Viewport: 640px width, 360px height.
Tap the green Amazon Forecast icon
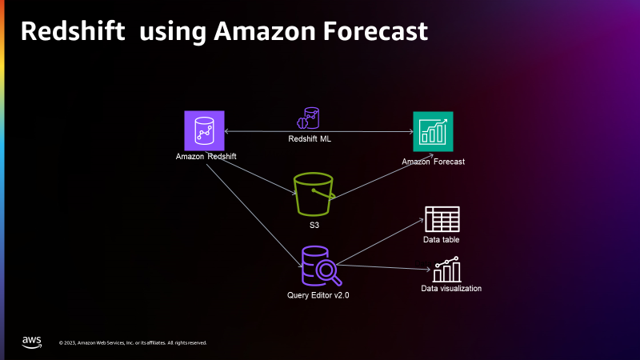click(433, 131)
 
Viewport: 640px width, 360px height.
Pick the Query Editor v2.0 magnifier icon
click(318, 266)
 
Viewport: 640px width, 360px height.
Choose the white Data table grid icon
click(441, 219)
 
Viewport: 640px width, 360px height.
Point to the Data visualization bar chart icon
click(447, 270)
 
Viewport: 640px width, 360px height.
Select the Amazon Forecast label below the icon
click(434, 162)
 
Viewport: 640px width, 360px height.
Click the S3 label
click(314, 226)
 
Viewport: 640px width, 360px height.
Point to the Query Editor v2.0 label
click(318, 295)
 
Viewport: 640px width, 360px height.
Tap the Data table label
click(441, 239)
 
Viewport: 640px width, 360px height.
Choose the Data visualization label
click(451, 288)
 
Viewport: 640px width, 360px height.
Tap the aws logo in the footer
click(32, 342)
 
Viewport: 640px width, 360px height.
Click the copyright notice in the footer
click(133, 343)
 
